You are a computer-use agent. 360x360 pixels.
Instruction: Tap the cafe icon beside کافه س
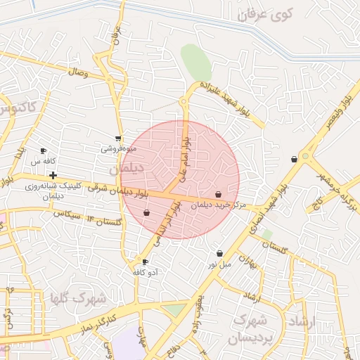(x=44, y=150)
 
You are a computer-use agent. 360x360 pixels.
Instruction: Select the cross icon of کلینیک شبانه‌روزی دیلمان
(x=53, y=174)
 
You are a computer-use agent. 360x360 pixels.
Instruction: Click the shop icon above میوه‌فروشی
(x=117, y=139)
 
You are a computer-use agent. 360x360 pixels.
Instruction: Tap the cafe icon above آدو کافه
(x=146, y=262)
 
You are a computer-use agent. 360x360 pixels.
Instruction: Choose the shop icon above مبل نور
(x=220, y=253)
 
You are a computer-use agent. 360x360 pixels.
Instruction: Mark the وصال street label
(x=77, y=72)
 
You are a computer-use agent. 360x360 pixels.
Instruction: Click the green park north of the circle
(x=196, y=62)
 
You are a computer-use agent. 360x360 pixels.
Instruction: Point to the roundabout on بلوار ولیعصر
(x=306, y=155)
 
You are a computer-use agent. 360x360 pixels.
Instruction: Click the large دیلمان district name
(x=127, y=169)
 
